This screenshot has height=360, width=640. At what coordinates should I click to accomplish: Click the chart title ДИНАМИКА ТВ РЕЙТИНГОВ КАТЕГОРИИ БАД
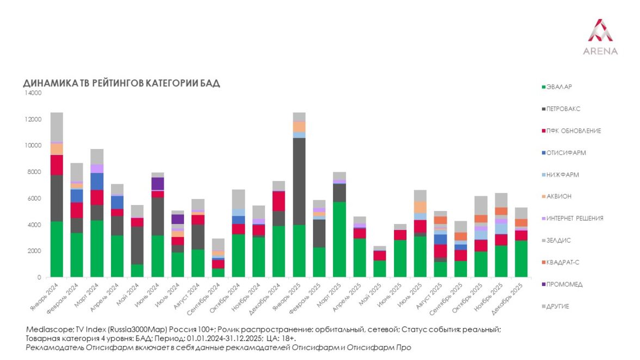coord(121,83)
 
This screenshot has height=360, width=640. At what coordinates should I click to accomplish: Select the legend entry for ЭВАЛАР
coord(559,87)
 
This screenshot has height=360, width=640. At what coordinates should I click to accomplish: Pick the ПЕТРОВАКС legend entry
coord(563,109)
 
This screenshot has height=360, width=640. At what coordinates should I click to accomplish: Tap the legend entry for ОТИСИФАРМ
coord(565,153)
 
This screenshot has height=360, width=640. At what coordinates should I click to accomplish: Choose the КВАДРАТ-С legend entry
coord(563,262)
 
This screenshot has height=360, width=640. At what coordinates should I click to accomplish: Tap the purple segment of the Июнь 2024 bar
coord(158,183)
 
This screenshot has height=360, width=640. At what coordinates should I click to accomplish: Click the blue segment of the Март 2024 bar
coord(97,181)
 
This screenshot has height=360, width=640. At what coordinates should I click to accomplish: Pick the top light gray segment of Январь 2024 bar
coord(57,127)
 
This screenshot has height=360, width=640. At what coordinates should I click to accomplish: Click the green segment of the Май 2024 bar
coord(138,271)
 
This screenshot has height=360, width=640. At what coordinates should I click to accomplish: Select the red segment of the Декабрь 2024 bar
coord(279,201)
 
